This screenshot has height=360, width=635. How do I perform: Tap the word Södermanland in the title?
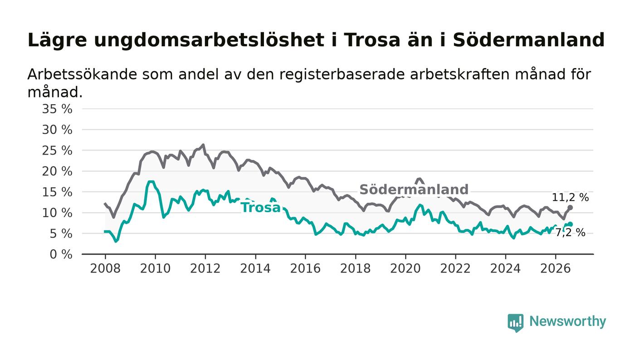(529, 40)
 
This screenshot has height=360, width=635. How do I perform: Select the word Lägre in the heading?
(57, 40)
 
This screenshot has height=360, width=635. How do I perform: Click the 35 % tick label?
(57, 109)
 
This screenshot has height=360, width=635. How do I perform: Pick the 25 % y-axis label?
(57, 151)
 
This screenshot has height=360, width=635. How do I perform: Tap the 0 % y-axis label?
(61, 254)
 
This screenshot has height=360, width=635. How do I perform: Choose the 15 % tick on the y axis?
(57, 192)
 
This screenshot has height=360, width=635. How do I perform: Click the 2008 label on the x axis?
(105, 268)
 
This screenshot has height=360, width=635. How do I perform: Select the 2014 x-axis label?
(255, 268)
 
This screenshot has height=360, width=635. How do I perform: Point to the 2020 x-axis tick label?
(405, 268)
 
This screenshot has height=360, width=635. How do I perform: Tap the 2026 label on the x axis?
(555, 268)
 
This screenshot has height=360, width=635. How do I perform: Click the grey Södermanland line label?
(414, 190)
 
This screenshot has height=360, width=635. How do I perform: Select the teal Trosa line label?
(261, 208)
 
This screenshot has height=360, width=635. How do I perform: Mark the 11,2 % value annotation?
(570, 197)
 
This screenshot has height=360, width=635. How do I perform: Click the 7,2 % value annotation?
(570, 233)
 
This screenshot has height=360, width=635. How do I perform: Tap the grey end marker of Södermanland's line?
(570, 208)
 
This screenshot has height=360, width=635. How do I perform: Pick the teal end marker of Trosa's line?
(570, 224)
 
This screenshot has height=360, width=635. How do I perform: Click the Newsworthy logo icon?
(515, 323)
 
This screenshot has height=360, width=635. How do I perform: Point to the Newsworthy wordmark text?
(567, 321)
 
